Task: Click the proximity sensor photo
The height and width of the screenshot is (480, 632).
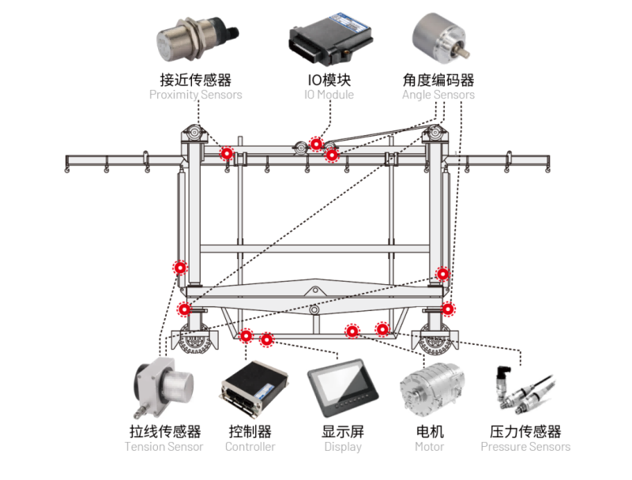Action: pyautogui.click(x=195, y=39)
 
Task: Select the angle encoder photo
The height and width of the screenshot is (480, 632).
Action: pyautogui.click(x=438, y=40)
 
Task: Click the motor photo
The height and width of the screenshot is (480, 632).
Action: pyautogui.click(x=428, y=389)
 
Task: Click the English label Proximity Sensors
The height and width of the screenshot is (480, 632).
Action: pyautogui.click(x=195, y=95)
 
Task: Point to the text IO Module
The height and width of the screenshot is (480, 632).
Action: pyautogui.click(x=329, y=95)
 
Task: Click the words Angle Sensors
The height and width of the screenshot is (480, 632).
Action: pyautogui.click(x=438, y=95)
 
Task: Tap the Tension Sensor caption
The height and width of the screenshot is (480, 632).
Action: pyautogui.click(x=164, y=447)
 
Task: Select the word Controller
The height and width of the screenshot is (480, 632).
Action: pyautogui.click(x=250, y=447)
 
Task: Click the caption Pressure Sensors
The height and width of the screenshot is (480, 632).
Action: pyautogui.click(x=525, y=447)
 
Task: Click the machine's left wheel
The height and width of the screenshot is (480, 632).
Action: pyautogui.click(x=193, y=341)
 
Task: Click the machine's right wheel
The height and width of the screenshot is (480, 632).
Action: pyautogui.click(x=437, y=341)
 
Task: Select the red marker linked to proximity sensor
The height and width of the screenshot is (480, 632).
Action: pyautogui.click(x=227, y=153)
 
